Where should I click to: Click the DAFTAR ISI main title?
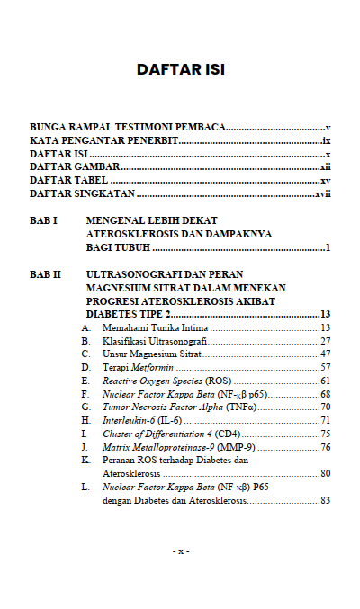tap(180, 69)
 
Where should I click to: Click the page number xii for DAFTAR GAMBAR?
tap(325, 167)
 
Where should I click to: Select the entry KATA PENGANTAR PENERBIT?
tap(103, 142)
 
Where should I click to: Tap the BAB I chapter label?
tap(44, 220)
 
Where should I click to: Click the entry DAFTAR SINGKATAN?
tap(82, 193)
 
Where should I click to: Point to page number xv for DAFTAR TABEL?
tap(326, 181)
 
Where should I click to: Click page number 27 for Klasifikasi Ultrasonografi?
tap(326, 341)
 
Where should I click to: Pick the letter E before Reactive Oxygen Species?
tap(85, 381)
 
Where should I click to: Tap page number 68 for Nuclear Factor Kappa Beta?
tap(326, 395)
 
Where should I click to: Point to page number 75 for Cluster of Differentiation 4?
tap(326, 434)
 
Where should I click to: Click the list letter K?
tap(85, 460)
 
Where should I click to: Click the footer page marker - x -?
tap(180, 550)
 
